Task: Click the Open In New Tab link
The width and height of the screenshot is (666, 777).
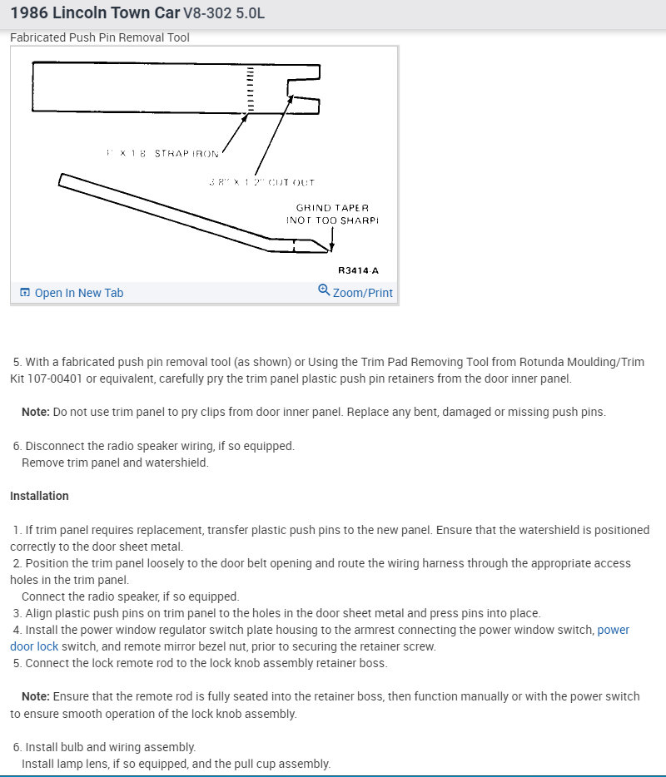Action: (78, 293)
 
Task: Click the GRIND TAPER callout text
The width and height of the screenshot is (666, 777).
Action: (332, 208)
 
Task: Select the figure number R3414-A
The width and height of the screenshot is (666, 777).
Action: (358, 270)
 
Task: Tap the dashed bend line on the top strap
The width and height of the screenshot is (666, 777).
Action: (248, 87)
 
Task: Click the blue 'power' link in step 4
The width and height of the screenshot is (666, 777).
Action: (614, 631)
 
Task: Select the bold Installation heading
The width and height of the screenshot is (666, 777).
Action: (39, 496)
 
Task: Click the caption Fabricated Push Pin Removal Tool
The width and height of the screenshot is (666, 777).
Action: (100, 37)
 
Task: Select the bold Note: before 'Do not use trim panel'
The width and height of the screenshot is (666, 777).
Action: (36, 412)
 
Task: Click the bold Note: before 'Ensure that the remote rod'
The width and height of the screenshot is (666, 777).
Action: (36, 696)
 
